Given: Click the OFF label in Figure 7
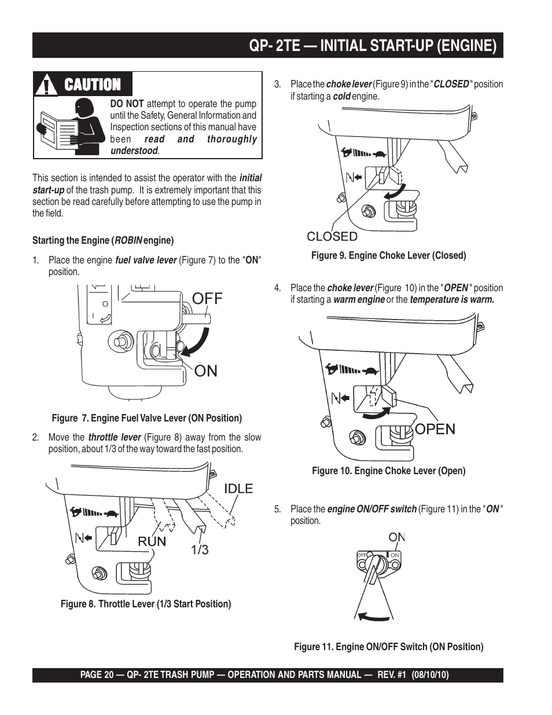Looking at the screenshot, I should click(207, 299).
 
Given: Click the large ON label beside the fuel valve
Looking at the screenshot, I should click(206, 371).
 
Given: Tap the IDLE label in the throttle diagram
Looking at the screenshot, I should click(238, 489).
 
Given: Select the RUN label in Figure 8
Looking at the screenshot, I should click(152, 541).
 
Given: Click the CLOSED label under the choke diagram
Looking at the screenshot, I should click(332, 236).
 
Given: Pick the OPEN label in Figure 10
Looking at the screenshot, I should click(435, 429).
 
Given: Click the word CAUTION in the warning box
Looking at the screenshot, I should click(93, 85).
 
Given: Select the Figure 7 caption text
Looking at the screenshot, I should click(147, 418).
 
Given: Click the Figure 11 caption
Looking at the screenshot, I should click(388, 647).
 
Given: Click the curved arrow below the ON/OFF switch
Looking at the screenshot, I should click(373, 618).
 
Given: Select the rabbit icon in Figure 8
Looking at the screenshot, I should click(75, 511).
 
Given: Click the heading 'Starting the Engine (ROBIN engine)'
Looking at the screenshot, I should click(103, 240).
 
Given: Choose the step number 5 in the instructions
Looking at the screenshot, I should click(278, 509).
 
